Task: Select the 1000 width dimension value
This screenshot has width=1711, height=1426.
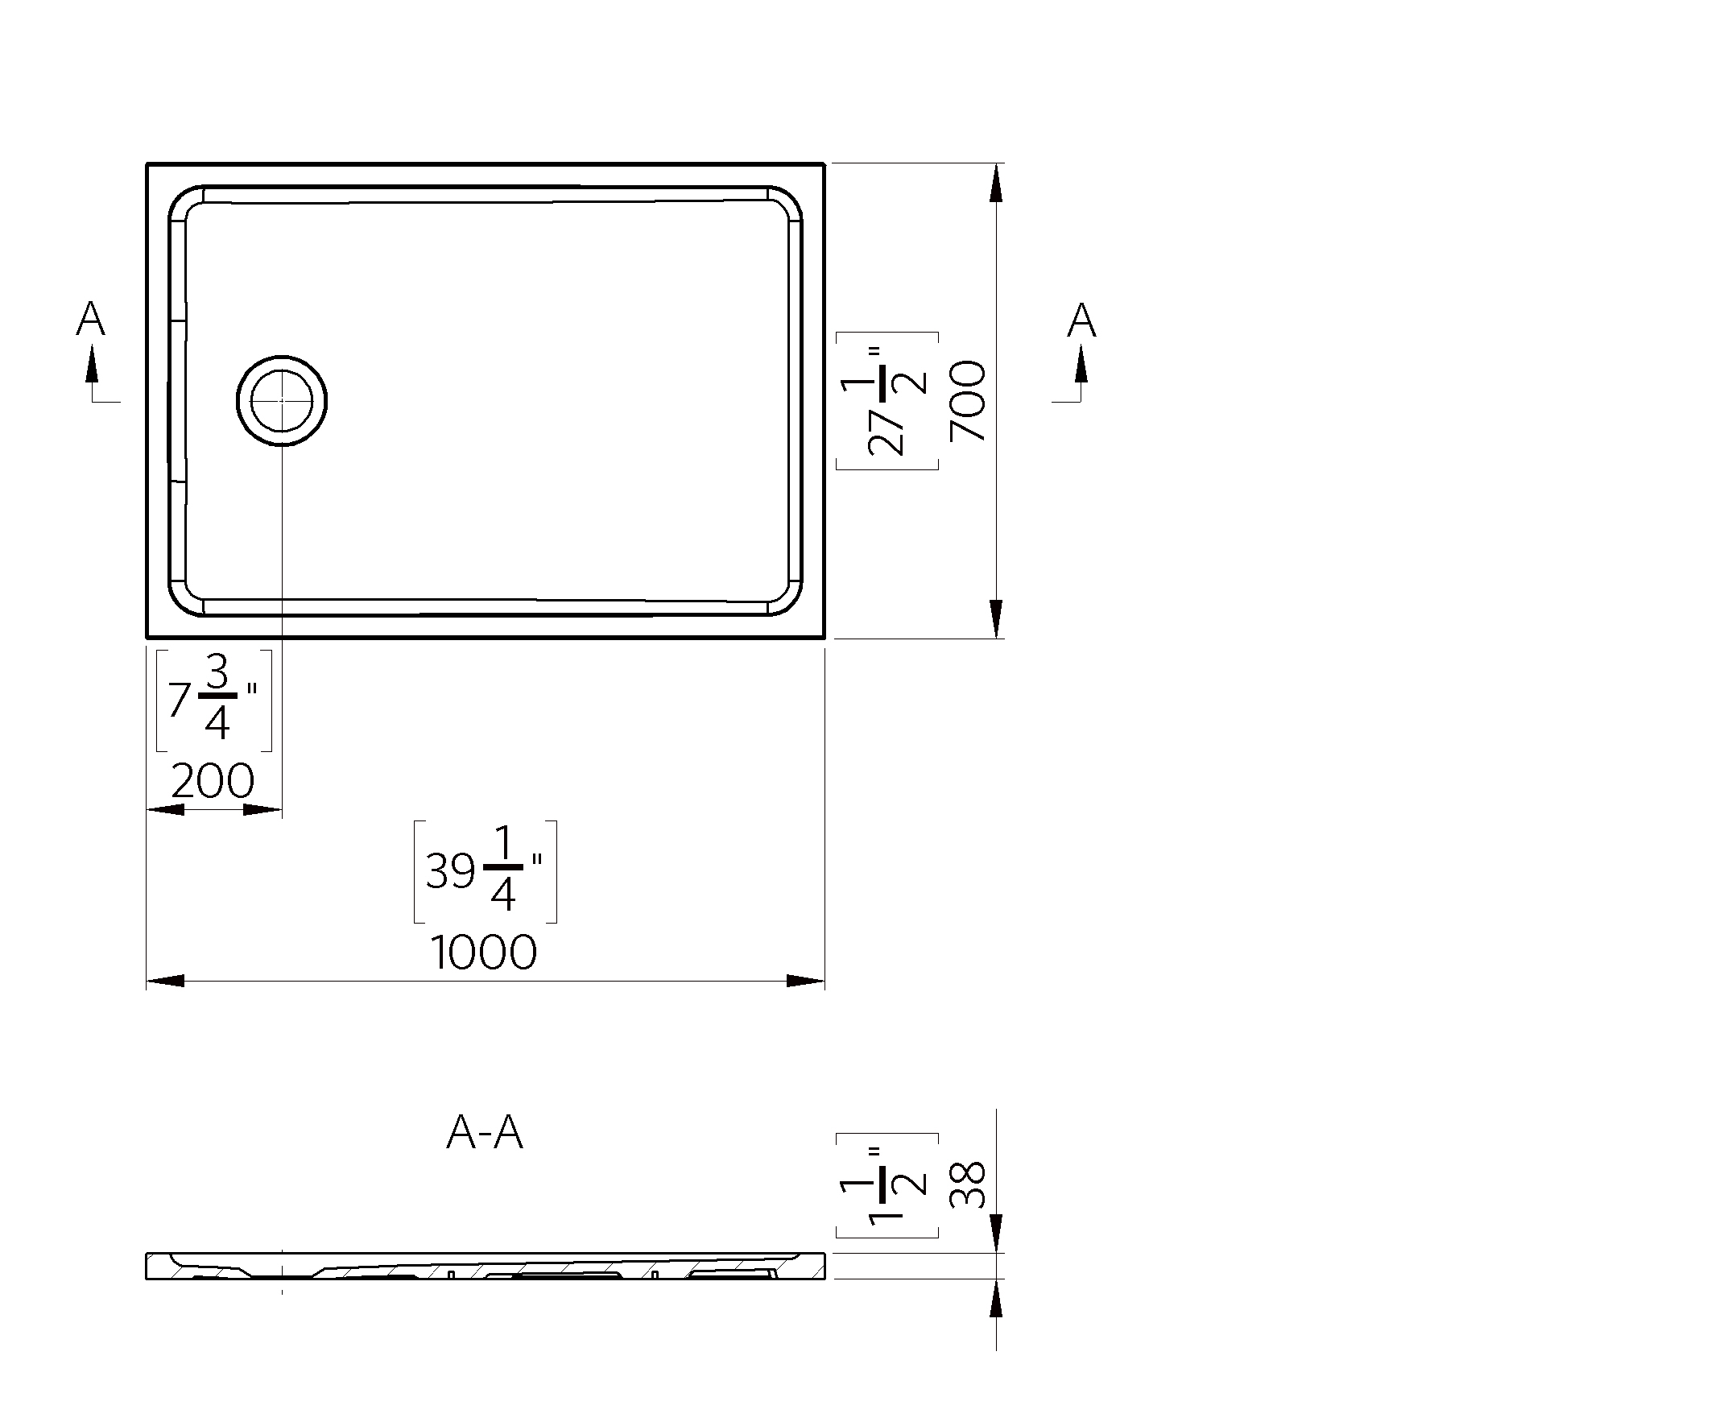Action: click(483, 952)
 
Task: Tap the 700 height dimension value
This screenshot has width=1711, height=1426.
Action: click(968, 401)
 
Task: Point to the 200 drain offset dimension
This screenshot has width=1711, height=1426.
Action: click(213, 780)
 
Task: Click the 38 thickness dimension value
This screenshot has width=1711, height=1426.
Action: click(968, 1184)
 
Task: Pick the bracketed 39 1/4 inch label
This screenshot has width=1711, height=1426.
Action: click(486, 871)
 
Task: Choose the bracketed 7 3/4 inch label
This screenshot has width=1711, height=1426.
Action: click(213, 700)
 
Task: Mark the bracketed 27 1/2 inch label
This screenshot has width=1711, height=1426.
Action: click(887, 401)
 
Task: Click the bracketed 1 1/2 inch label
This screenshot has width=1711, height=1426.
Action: click(887, 1185)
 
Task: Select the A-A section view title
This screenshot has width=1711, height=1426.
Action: click(485, 1132)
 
